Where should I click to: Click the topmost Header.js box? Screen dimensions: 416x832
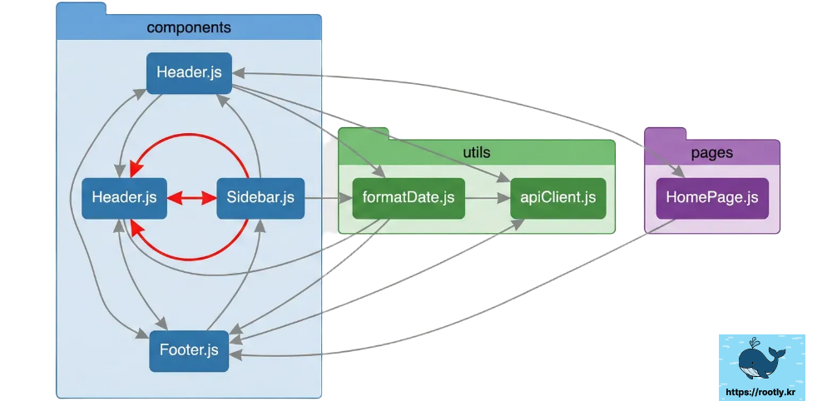189,72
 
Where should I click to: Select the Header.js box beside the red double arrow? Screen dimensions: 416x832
125,198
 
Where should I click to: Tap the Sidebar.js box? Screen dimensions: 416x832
260,198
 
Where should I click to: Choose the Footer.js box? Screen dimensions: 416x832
189,350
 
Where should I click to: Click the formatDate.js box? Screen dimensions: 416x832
409,198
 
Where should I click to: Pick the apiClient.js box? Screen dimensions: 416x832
557,198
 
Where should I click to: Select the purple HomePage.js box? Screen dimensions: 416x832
711,198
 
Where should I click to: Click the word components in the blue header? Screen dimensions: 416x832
189,27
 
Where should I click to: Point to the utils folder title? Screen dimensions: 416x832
476,151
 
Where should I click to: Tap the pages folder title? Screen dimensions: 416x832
712,153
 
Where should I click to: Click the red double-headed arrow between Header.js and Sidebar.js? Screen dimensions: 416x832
191,198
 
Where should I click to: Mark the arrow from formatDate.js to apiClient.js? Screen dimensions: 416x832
487,198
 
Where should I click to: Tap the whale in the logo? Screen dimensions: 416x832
760,361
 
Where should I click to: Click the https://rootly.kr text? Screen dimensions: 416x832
761,391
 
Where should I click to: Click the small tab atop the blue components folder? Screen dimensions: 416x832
81,7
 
